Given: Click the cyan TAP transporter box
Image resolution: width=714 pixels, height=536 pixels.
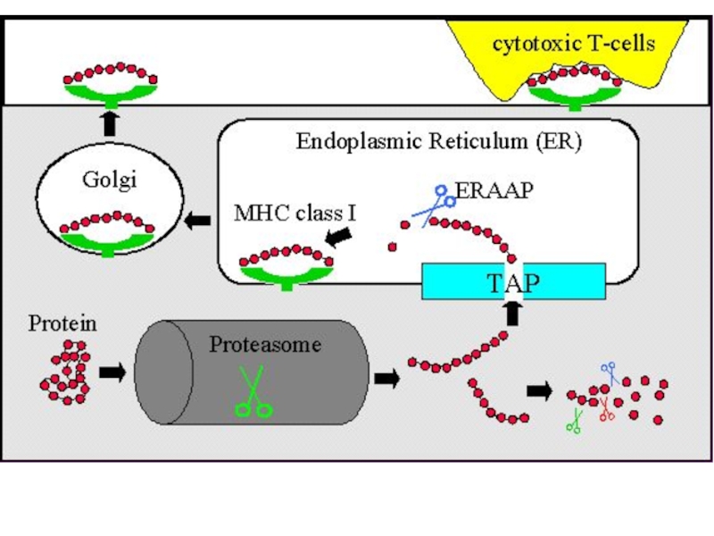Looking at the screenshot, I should click(x=514, y=282).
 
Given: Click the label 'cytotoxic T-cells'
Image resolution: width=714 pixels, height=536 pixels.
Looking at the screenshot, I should click(x=574, y=43).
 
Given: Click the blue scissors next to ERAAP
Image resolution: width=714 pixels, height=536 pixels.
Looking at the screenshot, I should click(x=434, y=203).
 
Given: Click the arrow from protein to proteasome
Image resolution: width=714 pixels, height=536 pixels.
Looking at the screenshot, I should click(x=112, y=372).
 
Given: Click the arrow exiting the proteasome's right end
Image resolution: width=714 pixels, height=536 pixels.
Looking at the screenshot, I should click(x=386, y=378).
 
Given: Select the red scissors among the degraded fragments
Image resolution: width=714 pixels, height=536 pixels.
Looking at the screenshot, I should click(x=606, y=409).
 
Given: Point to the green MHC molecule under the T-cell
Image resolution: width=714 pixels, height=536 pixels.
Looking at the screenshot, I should click(x=572, y=94).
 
